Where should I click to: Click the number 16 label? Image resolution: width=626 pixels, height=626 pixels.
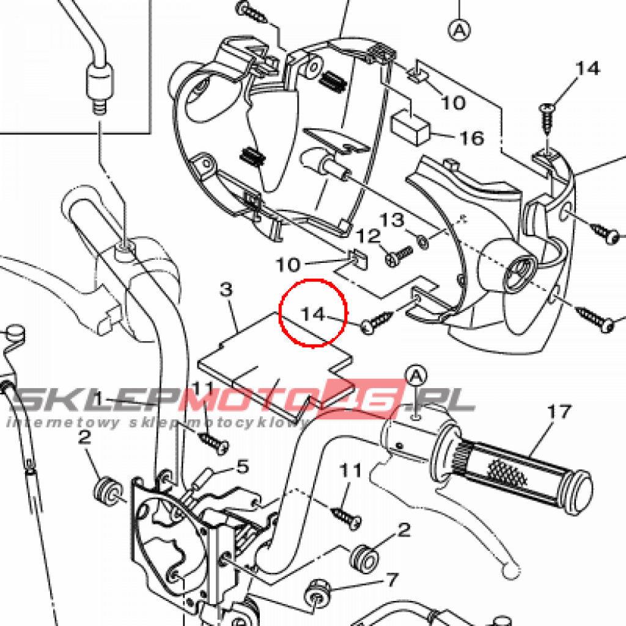pyautogui.click(x=472, y=139)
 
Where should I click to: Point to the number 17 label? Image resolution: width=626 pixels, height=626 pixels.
pyautogui.click(x=559, y=411)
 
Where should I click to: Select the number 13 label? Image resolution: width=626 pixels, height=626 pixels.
pyautogui.click(x=391, y=220)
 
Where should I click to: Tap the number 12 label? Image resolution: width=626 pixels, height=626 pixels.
pyautogui.click(x=367, y=237)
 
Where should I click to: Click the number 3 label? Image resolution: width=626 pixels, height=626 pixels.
pyautogui.click(x=226, y=289)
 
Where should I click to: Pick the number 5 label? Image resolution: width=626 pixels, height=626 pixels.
pyautogui.click(x=243, y=466)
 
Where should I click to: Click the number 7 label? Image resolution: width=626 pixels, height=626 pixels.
pyautogui.click(x=392, y=580)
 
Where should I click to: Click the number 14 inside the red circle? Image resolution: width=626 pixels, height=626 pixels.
pyautogui.click(x=314, y=314)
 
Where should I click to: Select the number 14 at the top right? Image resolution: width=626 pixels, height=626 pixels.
pyautogui.click(x=587, y=68)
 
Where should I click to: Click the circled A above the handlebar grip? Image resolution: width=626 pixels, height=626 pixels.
pyautogui.click(x=416, y=376)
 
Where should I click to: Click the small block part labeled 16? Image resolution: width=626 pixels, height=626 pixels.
pyautogui.click(x=411, y=128)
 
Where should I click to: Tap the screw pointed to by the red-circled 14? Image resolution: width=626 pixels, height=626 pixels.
pyautogui.click(x=377, y=322)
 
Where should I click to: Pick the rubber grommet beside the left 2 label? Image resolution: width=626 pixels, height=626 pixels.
pyautogui.click(x=108, y=490)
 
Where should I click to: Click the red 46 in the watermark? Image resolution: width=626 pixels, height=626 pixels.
pyautogui.click(x=363, y=398)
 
